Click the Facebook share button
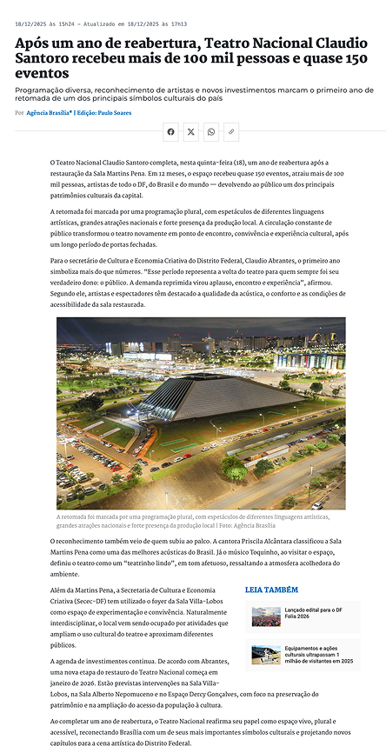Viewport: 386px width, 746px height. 170,131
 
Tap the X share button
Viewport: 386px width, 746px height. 191,131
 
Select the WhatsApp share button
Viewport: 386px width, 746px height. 211,131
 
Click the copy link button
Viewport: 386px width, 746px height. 231,131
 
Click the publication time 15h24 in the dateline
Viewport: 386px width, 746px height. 71,24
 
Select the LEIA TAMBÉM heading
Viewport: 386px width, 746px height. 271,589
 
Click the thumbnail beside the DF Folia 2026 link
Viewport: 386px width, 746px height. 265,616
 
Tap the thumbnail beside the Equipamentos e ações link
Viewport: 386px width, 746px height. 265,655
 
